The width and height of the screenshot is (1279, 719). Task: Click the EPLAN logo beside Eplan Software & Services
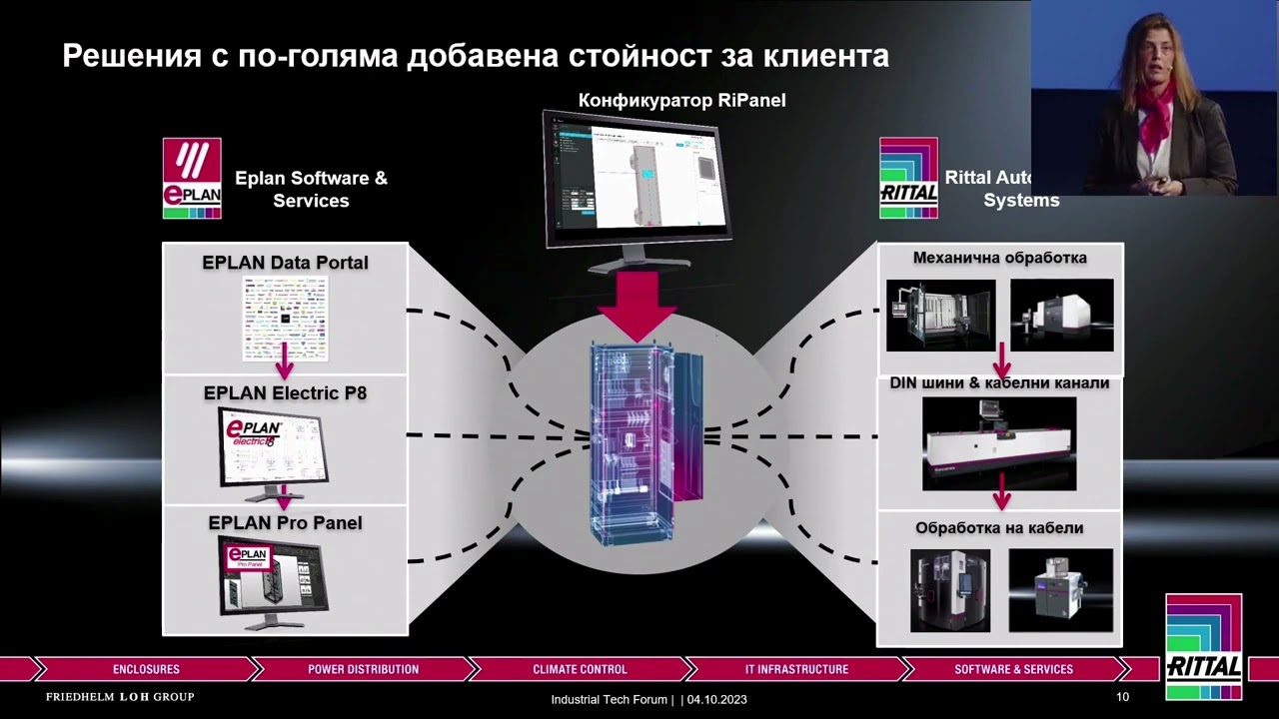point(192,178)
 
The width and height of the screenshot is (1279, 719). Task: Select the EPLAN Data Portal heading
point(285,263)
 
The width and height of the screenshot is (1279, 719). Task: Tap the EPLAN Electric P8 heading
point(285,393)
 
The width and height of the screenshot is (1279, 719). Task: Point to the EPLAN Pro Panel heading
point(285,523)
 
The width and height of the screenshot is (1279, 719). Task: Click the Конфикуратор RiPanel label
point(681,100)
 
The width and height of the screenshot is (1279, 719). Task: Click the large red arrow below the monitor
point(638,303)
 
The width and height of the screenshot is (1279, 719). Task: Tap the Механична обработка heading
point(999,258)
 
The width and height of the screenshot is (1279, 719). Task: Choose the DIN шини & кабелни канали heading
point(999,383)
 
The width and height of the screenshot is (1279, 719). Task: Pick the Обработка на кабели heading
point(999,527)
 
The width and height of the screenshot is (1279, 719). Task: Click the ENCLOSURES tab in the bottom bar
point(146,669)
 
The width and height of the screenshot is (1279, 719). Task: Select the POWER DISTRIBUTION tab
point(363,669)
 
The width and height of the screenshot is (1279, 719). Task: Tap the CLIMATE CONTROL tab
point(580,669)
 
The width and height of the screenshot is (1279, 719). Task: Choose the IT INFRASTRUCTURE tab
point(796,669)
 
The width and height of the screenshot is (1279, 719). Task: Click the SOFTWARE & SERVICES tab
point(1013,669)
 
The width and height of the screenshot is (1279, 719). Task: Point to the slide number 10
point(1122,697)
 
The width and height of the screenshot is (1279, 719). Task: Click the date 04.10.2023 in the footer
point(716,699)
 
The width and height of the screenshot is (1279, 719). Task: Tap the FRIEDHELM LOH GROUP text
point(120,697)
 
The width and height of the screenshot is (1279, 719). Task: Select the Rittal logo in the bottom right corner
point(1203,648)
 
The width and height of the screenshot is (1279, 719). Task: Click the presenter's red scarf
point(1154,110)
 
